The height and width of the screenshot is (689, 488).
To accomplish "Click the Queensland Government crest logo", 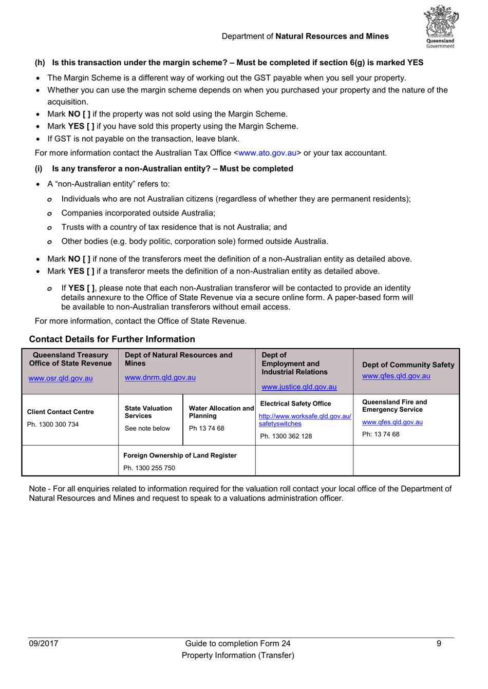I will click(440, 26).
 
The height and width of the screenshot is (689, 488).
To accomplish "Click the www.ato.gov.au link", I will click(267, 153).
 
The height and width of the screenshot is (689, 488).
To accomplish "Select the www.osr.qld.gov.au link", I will click(61, 378).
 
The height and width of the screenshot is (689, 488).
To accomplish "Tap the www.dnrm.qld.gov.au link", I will click(160, 377).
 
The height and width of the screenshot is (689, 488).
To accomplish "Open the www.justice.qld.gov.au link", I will click(299, 387).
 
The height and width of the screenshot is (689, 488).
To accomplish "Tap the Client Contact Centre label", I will click(60, 412).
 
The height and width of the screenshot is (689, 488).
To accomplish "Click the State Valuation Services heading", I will click(148, 412).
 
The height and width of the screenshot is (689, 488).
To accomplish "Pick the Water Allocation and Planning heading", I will click(221, 412).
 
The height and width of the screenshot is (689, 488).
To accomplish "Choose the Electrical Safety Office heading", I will click(295, 404).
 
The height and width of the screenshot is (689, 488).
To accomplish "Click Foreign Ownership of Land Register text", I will click(180, 456).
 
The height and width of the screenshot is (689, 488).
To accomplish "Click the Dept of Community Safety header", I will click(408, 365).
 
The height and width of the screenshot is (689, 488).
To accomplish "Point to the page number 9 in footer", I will click(439, 644).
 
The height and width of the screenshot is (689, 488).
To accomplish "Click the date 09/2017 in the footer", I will click(44, 644).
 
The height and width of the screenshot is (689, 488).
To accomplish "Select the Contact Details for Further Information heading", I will click(112, 339).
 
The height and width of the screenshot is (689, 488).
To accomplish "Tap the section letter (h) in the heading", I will click(40, 63).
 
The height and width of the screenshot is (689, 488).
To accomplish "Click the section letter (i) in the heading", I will click(39, 169).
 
